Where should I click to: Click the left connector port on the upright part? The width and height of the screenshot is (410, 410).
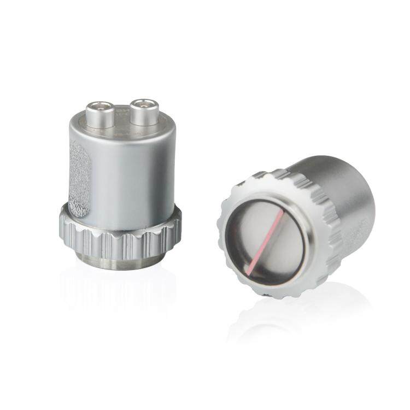[x=100, y=114]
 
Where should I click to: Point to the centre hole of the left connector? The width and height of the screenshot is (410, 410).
[x=101, y=106]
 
